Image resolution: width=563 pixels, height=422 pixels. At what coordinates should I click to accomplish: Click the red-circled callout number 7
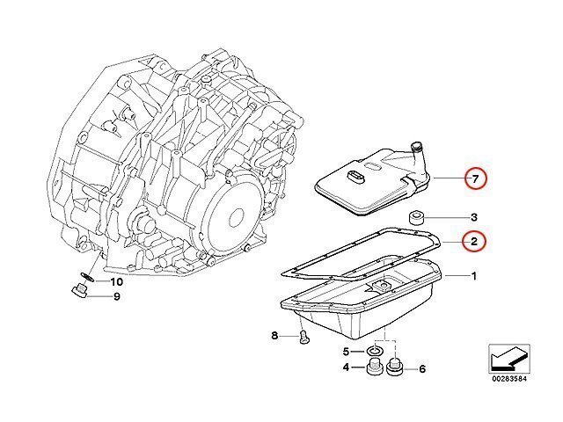(475, 178)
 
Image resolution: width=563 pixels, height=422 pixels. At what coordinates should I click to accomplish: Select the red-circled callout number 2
(474, 242)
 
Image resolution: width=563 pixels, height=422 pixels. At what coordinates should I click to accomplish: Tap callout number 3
(474, 217)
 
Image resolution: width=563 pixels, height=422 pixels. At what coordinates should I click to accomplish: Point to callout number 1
(474, 276)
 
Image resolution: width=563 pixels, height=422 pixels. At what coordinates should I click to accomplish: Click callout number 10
(117, 282)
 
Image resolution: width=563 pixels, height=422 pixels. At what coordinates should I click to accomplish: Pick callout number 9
(117, 297)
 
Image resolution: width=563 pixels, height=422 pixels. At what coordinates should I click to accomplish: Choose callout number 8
(274, 336)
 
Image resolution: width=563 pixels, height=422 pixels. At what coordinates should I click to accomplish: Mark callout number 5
(346, 352)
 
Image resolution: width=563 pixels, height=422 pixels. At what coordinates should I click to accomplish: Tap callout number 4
(346, 367)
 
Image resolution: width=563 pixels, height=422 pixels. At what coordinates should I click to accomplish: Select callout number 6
(422, 369)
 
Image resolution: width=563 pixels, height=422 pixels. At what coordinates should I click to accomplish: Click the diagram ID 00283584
(508, 379)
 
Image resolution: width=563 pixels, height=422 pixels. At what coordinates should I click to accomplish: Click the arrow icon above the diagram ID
(508, 359)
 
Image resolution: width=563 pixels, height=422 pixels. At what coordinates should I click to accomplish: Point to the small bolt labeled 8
(304, 337)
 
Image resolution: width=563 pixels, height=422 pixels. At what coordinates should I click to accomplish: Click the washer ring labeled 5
(376, 351)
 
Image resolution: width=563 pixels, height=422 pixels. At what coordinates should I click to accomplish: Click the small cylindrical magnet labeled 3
(417, 217)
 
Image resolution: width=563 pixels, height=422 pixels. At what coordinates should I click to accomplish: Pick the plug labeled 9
(79, 290)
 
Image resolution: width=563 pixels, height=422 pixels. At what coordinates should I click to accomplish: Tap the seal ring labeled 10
(87, 277)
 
